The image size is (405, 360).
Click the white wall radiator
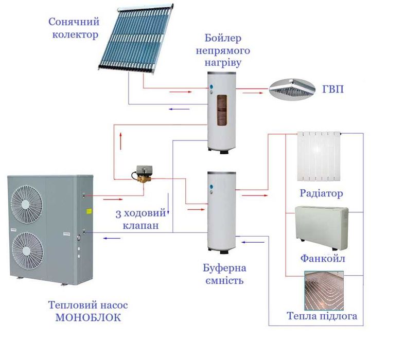click(320, 157)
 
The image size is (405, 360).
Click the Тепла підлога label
click(322, 316)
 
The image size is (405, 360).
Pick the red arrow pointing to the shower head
click(252, 93)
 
